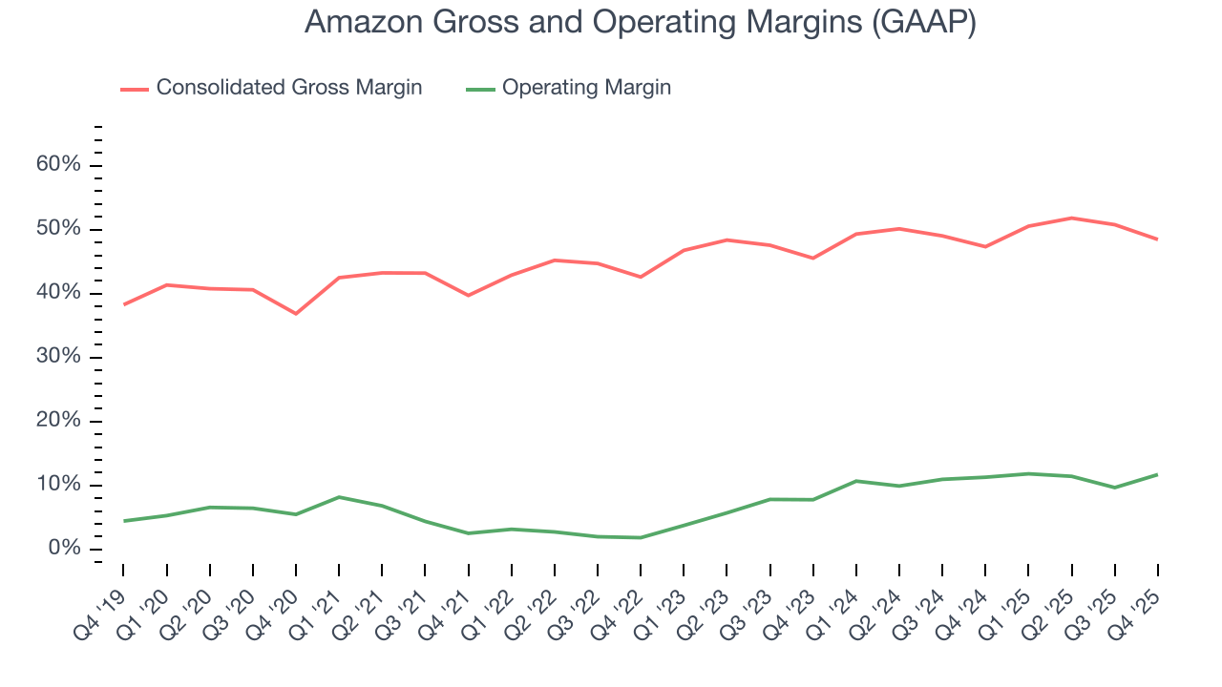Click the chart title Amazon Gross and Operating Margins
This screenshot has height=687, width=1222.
click(x=640, y=22)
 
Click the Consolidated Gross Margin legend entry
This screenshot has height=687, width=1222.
click(x=288, y=88)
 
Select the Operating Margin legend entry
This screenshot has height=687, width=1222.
click(x=585, y=88)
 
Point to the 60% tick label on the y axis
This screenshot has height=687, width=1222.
click(x=58, y=165)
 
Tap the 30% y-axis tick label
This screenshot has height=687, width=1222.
click(x=58, y=357)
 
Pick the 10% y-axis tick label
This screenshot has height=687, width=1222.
click(x=58, y=485)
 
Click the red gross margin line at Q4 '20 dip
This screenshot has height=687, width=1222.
click(x=296, y=313)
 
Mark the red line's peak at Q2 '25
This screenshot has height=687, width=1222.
click(x=1072, y=218)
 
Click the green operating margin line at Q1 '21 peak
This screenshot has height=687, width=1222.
click(x=339, y=497)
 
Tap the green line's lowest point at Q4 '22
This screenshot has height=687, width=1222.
click(x=641, y=537)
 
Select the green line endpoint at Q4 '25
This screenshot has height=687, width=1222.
click(x=1158, y=474)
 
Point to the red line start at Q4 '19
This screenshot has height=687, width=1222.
click(x=124, y=304)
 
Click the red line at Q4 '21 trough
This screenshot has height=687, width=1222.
click(x=469, y=295)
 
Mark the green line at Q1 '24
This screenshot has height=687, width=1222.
click(x=856, y=481)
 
